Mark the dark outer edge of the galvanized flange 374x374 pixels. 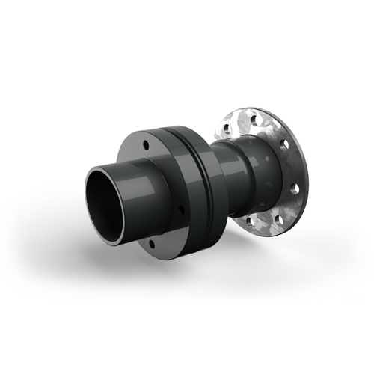(x=304, y=180)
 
